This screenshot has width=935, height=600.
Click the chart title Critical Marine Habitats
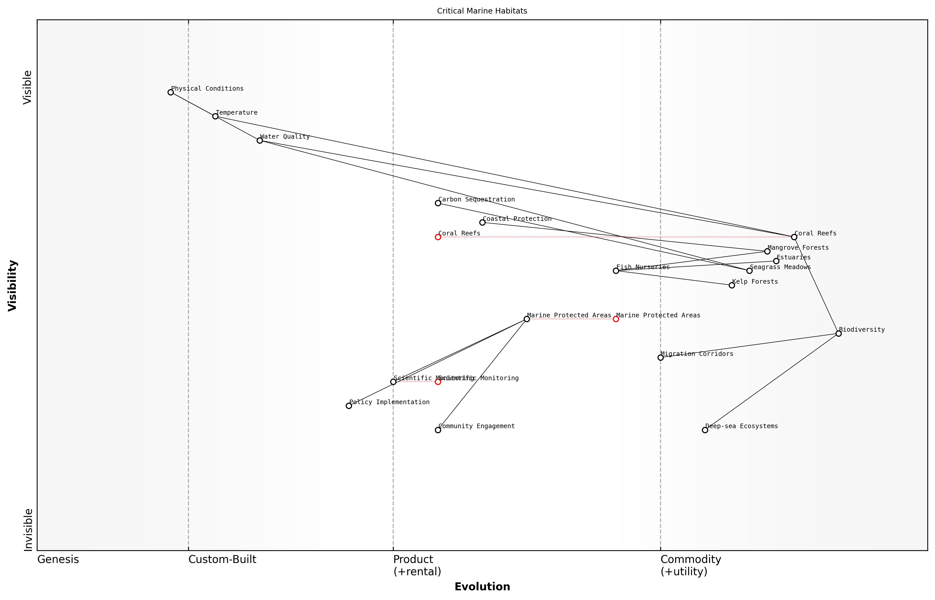pyautogui.click(x=482, y=11)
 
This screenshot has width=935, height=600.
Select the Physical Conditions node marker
pyautogui.click(x=171, y=92)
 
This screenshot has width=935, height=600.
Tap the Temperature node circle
pyautogui.click(x=215, y=116)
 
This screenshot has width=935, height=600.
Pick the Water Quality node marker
pyautogui.click(x=260, y=141)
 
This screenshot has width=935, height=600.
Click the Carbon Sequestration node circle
pyautogui.click(x=438, y=203)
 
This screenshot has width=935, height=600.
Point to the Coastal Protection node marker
pyautogui.click(x=482, y=222)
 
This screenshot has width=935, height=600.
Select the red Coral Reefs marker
pyautogui.click(x=438, y=237)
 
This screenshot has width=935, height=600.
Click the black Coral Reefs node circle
pyautogui.click(x=794, y=237)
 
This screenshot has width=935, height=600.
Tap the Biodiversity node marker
pyautogui.click(x=838, y=333)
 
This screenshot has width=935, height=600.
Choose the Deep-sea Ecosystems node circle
pyautogui.click(x=705, y=430)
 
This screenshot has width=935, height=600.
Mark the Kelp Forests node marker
pyautogui.click(x=732, y=285)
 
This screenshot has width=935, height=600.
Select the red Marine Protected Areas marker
pyautogui.click(x=616, y=319)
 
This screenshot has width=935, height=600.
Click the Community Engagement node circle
pyautogui.click(x=438, y=430)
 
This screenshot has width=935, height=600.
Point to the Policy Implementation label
pyautogui.click(x=389, y=402)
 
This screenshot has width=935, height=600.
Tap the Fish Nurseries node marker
pyautogui.click(x=616, y=271)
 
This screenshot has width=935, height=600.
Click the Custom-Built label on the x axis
pyautogui.click(x=222, y=559)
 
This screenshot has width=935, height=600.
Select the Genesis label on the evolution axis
pyautogui.click(x=58, y=559)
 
